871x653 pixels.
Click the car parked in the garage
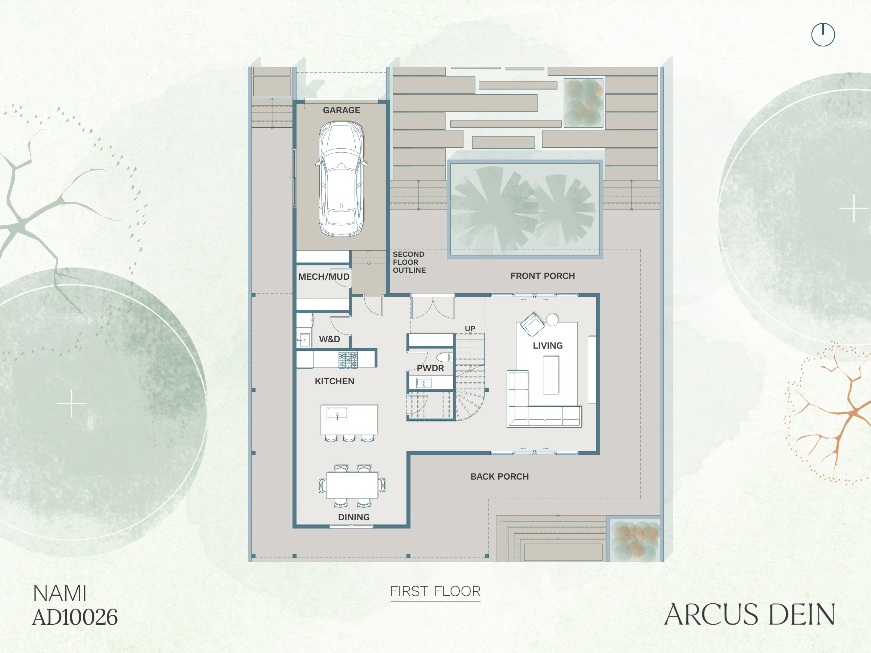click(x=341, y=179)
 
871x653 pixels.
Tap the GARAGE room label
click(x=342, y=110)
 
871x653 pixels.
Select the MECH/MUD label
click(x=324, y=277)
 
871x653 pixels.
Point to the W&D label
click(x=329, y=339)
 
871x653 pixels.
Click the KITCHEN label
click(x=334, y=381)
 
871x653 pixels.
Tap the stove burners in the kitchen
click(x=348, y=360)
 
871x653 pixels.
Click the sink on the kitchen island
click(x=337, y=413)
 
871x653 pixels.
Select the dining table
click(x=352, y=485)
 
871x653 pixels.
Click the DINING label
click(x=353, y=517)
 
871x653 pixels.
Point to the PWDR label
click(x=430, y=368)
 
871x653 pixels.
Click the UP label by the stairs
click(x=470, y=328)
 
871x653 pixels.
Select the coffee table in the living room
click(x=551, y=375)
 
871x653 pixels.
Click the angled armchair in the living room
click(x=532, y=324)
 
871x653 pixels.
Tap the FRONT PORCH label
click(x=542, y=276)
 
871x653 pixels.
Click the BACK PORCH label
click(x=499, y=476)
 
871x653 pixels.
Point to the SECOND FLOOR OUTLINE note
click(x=409, y=262)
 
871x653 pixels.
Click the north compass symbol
click(x=823, y=34)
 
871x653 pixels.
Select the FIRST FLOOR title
click(x=435, y=591)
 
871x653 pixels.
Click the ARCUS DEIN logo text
click(x=749, y=615)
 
